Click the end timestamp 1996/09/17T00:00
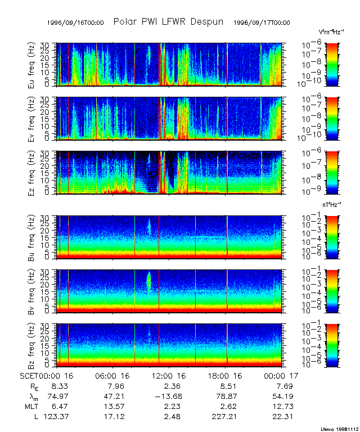click(x=262, y=22)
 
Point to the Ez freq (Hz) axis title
click(x=32, y=172)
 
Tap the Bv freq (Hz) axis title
click(x=32, y=291)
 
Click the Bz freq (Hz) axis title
click(x=32, y=345)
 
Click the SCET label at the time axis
click(x=28, y=375)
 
